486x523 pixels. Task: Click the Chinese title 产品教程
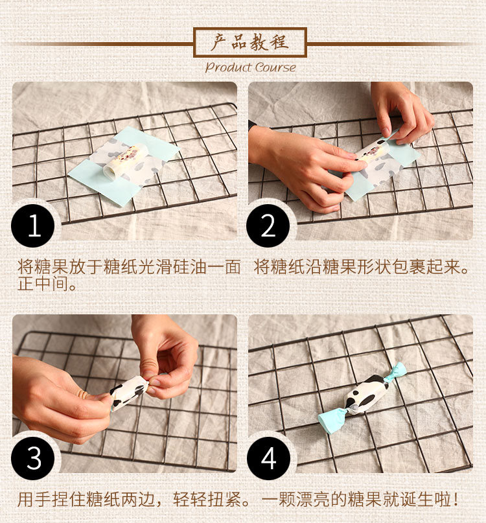click(x=250, y=42)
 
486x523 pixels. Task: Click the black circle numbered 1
click(x=33, y=226)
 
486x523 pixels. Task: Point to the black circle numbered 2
click(x=268, y=226)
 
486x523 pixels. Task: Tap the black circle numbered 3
click(x=33, y=458)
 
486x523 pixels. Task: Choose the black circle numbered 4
click(x=268, y=458)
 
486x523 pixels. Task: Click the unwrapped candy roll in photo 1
click(x=126, y=161)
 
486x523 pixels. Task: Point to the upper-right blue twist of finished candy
click(x=397, y=373)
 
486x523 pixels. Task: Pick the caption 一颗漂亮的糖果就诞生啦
click(x=354, y=499)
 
